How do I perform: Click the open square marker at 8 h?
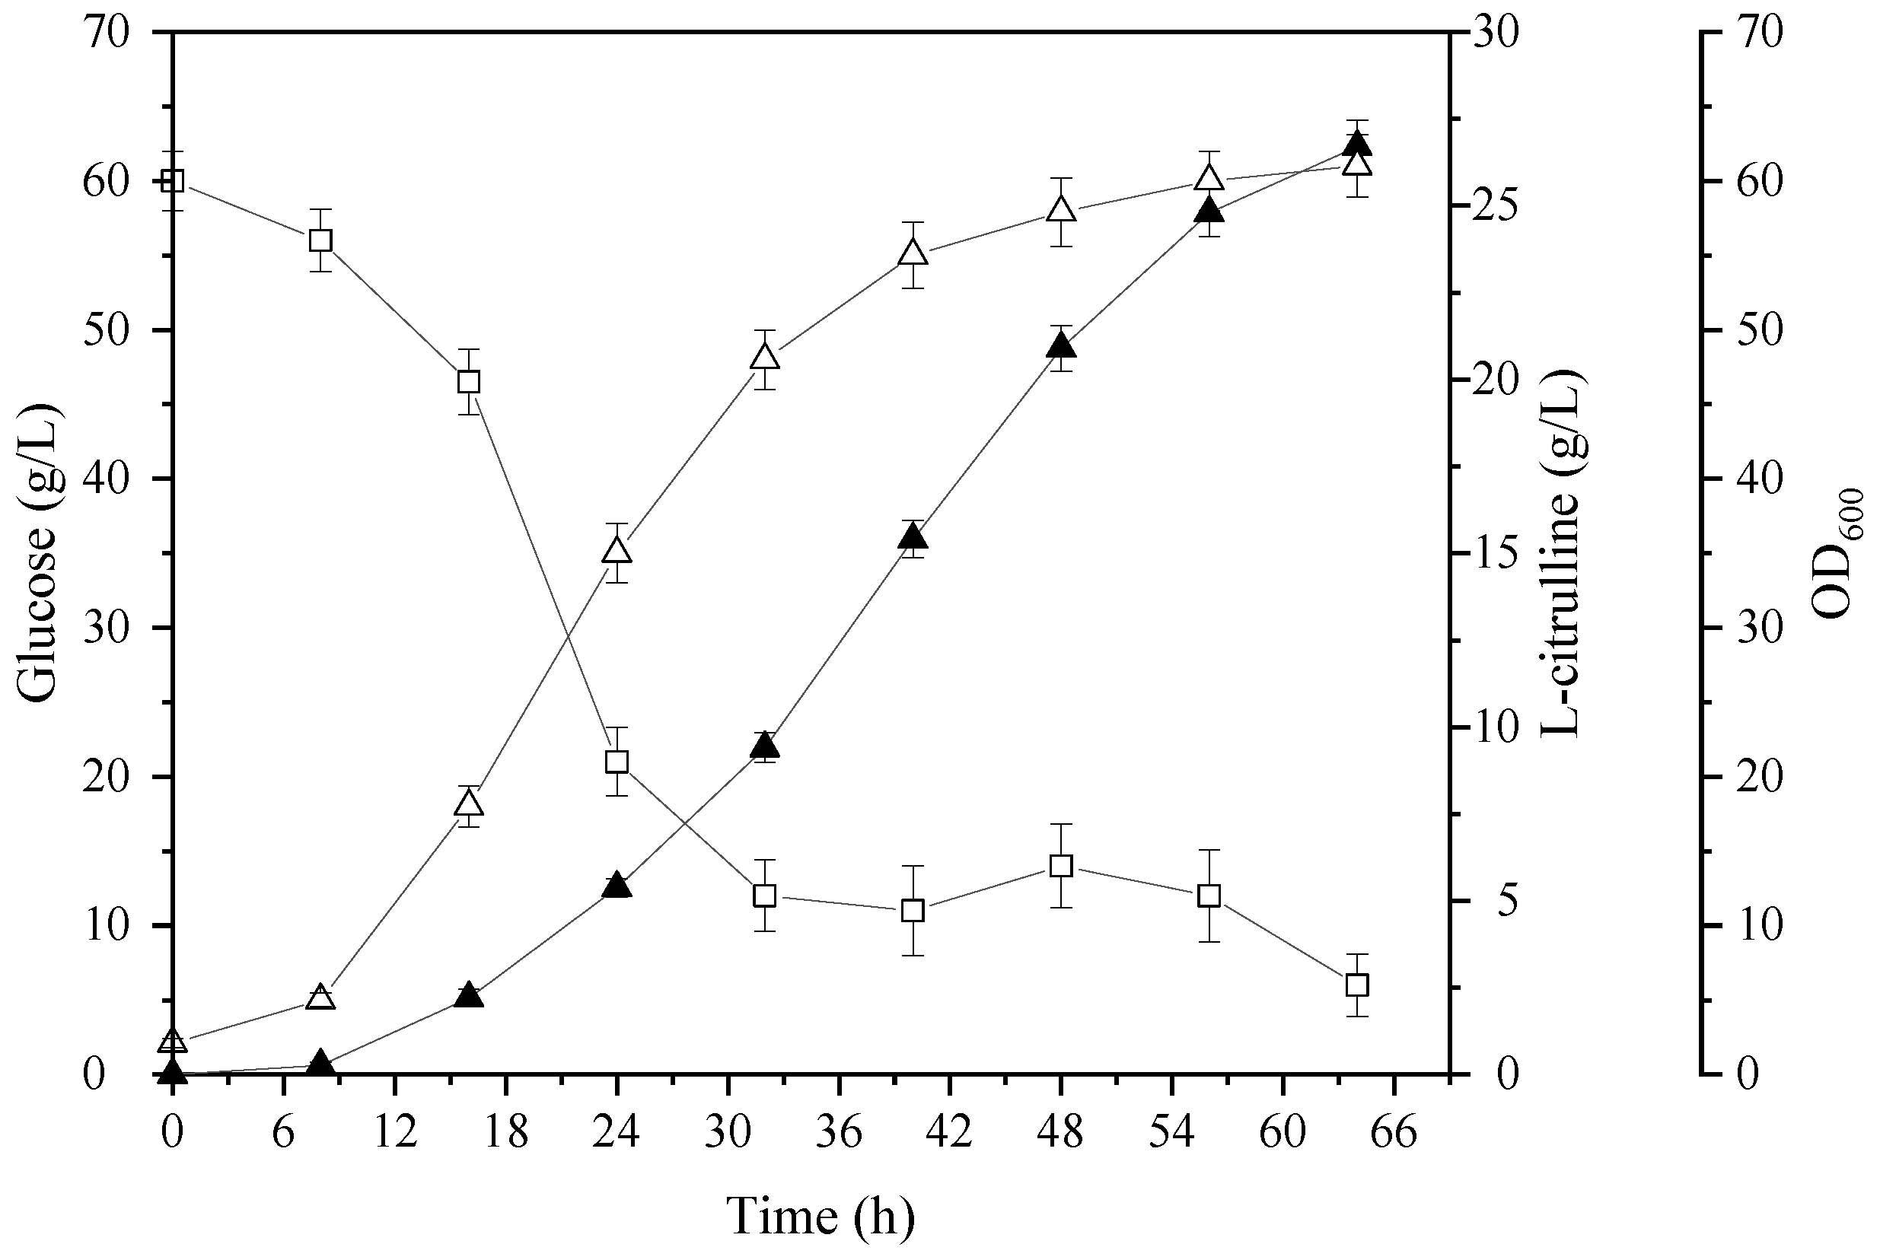[320, 240]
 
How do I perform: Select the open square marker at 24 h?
[617, 762]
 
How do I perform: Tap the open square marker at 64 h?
[1357, 985]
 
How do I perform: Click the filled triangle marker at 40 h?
[913, 536]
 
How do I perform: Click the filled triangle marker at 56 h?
[1209, 212]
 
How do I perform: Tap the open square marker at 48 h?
[1061, 866]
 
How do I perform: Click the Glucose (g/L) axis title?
[39, 554]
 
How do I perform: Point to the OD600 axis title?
[1841, 554]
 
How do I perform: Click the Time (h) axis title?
[821, 1217]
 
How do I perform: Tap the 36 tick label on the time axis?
[839, 1134]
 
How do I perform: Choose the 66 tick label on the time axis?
[1394, 1134]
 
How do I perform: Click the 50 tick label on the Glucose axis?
[105, 330]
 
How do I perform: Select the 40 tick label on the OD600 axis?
[1760, 479]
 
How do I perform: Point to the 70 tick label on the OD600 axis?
[1760, 33]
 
